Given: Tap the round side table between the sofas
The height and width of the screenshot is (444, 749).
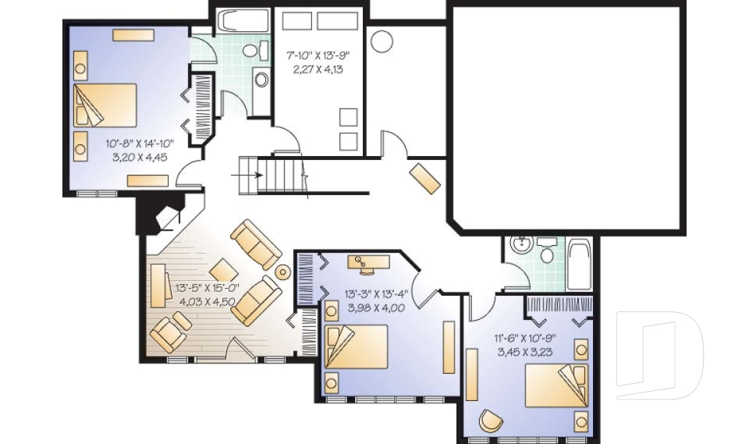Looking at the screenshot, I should point(282,272).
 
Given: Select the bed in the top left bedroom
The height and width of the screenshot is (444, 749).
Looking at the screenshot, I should point(105,105).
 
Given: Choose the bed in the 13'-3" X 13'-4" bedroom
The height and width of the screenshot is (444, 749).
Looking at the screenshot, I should point(357,345).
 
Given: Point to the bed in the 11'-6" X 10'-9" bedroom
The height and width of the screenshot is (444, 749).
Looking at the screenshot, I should point(556,385).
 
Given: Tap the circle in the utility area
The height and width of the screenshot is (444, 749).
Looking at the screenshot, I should point(382,41).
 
